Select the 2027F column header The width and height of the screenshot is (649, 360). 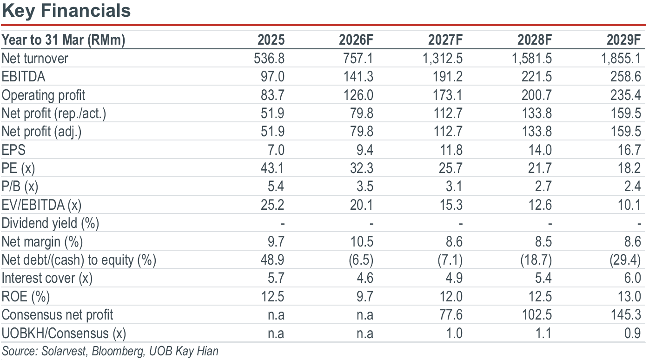445,40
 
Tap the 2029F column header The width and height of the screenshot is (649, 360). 624,40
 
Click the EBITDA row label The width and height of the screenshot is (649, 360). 23,77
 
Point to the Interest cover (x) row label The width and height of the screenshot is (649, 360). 47,278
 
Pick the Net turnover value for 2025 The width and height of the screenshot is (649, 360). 269,59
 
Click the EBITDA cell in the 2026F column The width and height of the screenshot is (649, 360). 358,77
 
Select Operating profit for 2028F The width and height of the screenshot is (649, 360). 536,95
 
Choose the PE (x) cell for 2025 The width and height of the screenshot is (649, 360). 272,168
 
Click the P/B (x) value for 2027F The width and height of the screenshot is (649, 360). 454,187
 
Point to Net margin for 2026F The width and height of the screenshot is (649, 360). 362,242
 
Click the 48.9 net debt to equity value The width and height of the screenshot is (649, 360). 272,260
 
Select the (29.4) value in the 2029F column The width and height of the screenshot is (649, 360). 625,260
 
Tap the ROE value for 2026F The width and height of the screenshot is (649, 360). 365,297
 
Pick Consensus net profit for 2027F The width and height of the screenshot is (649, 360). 451,315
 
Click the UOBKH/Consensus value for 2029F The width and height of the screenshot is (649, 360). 632,333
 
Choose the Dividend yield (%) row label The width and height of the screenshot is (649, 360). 50,223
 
